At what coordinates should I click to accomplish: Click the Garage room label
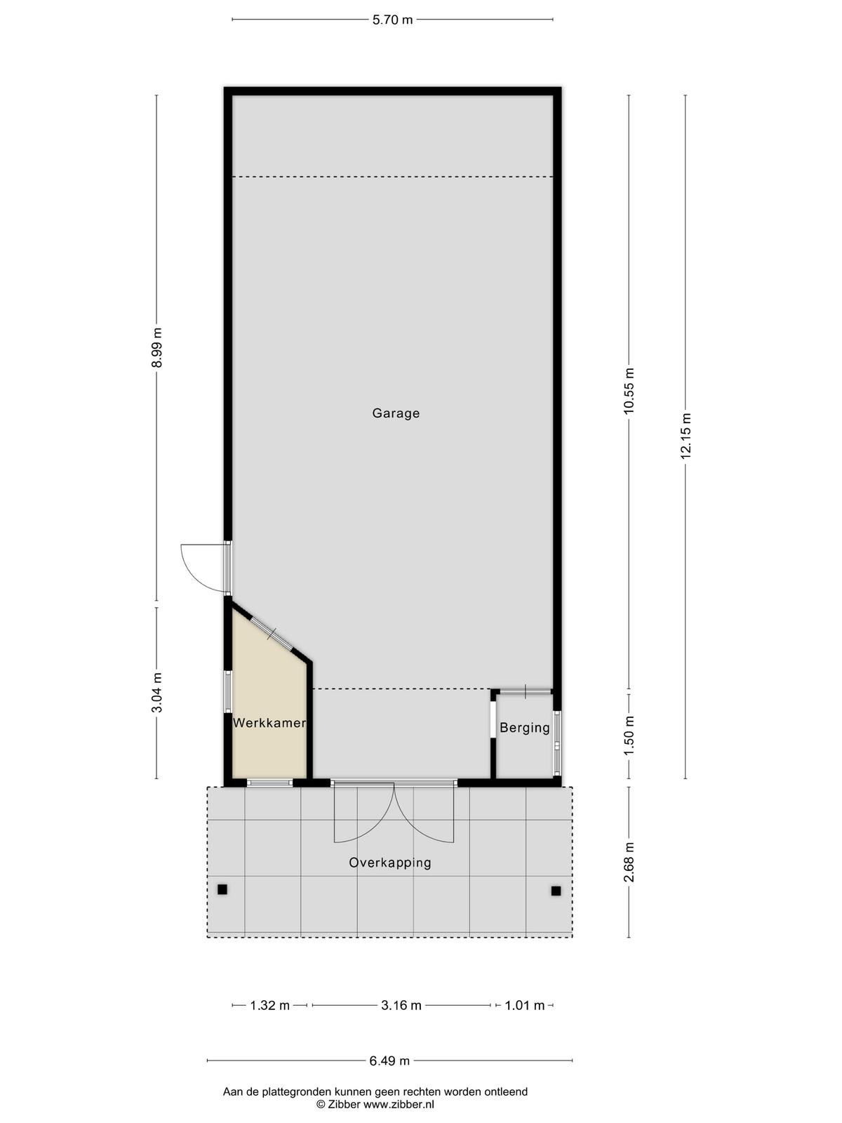pos(396,413)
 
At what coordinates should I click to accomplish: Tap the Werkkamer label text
pos(269,723)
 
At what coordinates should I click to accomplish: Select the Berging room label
pos(525,728)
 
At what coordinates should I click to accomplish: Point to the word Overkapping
pos(390,863)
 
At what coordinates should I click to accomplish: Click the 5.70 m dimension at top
pos(393,20)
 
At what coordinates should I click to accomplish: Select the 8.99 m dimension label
pos(157,347)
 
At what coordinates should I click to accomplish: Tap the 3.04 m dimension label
pos(157,692)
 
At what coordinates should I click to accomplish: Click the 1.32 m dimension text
pos(270,1006)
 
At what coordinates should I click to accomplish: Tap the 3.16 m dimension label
pos(401,1006)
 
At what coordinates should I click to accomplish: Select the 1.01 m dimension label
pos(525,1006)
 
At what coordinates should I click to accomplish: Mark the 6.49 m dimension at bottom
pos(389,1061)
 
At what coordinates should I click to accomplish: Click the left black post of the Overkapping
pos(222,890)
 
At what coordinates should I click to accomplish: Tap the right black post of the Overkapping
pos(556,891)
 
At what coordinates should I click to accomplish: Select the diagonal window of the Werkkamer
pos(272,635)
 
